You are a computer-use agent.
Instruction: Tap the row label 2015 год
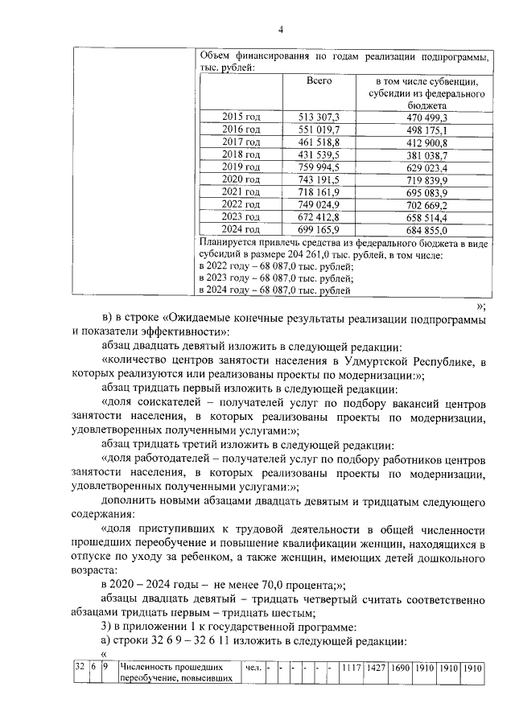(241, 117)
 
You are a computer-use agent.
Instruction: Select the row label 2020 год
(241, 179)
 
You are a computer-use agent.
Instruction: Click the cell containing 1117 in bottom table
(350, 668)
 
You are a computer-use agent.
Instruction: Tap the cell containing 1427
(375, 668)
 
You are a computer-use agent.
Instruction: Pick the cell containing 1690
(400, 668)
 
